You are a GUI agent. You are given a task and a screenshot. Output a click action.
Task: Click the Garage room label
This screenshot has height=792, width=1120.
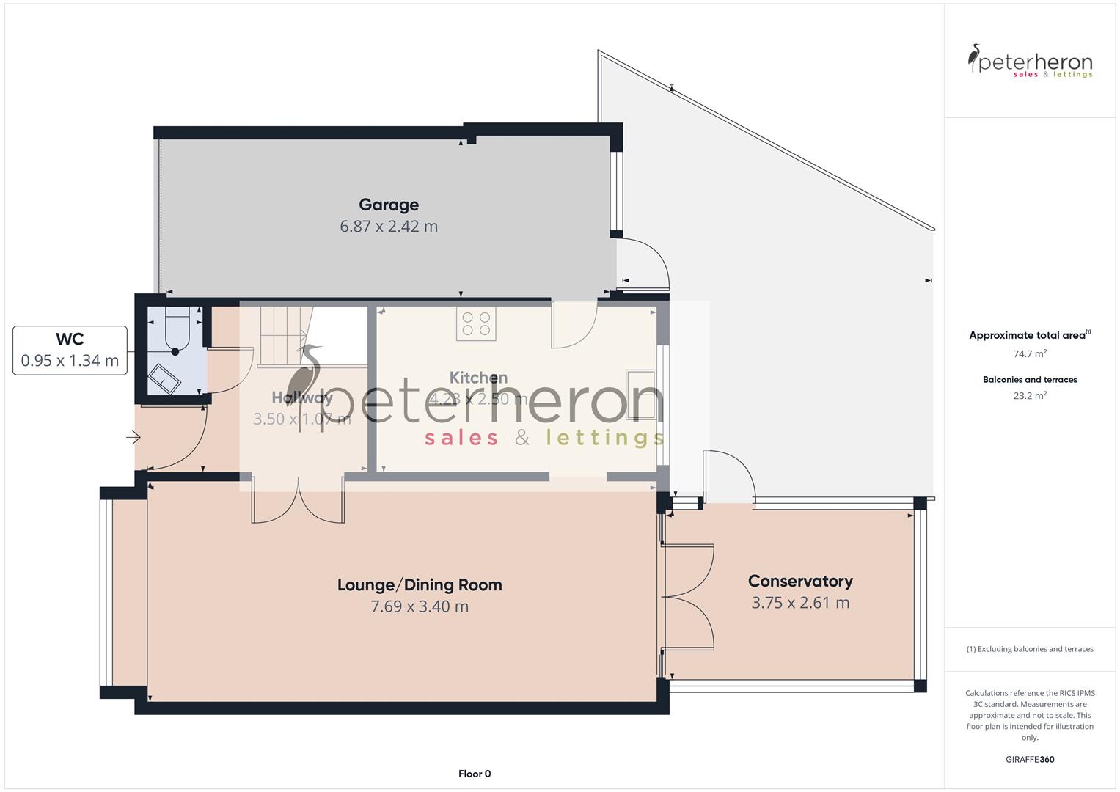coord(389,205)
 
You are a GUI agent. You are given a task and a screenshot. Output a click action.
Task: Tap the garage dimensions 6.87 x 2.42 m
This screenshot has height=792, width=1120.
coord(389,227)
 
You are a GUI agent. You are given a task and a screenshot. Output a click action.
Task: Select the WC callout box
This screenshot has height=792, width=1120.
coord(70,350)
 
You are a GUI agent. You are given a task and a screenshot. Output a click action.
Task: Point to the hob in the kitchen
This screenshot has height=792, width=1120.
coord(476,323)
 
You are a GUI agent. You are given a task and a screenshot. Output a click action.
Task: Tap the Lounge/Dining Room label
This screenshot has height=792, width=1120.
coord(420,585)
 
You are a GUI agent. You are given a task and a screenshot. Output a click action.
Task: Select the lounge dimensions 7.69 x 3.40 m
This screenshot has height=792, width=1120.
coord(420,606)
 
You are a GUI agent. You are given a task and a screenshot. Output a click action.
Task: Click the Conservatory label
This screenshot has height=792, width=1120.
coord(800,582)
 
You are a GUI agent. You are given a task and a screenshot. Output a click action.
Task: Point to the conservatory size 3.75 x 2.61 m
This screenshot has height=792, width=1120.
coord(800,603)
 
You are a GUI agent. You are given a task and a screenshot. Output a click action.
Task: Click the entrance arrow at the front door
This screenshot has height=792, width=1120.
coord(133,438)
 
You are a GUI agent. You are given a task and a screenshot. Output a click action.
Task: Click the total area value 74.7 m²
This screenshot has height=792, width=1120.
coord(1030,353)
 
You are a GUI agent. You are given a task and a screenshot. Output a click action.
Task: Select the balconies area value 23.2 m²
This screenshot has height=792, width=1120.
coord(1030,395)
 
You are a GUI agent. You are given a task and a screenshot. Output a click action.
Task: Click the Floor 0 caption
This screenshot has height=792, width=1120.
coord(475,774)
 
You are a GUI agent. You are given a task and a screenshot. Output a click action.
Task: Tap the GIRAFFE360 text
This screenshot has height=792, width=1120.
coord(1030,759)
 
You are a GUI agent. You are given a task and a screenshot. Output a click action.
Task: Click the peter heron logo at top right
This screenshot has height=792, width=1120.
coord(1030,62)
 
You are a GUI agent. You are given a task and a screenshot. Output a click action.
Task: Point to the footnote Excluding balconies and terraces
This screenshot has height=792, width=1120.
coord(1030,649)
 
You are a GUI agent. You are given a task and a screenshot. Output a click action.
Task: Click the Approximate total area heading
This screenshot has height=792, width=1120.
coord(1028,335)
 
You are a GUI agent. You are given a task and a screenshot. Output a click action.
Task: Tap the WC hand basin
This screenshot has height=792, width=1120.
coord(164,379)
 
